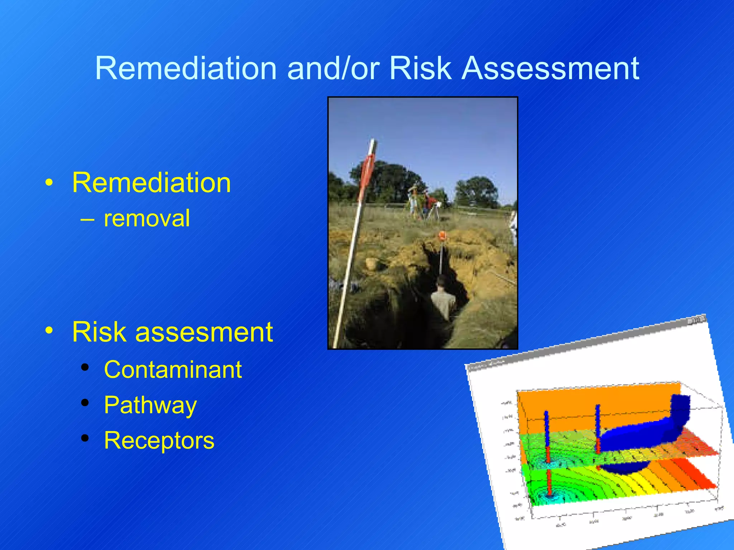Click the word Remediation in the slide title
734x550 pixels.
click(x=186, y=68)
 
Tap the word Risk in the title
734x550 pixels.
click(x=420, y=68)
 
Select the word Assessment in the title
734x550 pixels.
click(x=550, y=68)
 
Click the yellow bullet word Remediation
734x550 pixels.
click(x=151, y=183)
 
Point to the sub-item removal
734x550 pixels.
click(x=147, y=218)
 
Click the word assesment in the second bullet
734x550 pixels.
click(x=204, y=332)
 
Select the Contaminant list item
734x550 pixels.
click(x=173, y=370)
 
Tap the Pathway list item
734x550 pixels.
click(x=150, y=405)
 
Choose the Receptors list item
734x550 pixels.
click(x=159, y=440)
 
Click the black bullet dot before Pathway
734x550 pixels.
click(x=85, y=403)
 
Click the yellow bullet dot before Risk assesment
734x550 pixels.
click(x=49, y=329)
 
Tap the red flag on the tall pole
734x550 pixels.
click(x=367, y=172)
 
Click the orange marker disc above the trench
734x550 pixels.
click(x=442, y=236)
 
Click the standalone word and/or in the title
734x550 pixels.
click(x=333, y=68)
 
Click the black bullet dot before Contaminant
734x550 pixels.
click(x=85, y=367)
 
